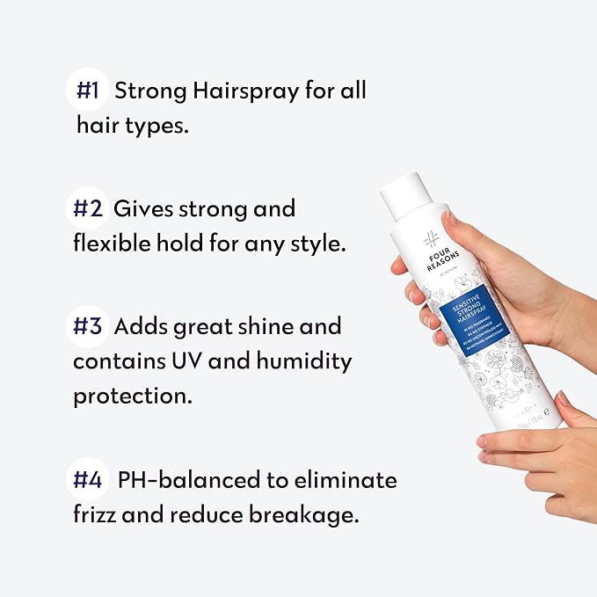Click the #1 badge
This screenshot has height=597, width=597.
point(88,91)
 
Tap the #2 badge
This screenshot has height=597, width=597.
point(88,209)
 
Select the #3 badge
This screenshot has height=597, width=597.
point(90,327)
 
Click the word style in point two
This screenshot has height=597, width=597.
point(314,244)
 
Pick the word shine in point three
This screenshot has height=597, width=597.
point(268,327)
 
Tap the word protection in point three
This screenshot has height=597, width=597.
point(132,396)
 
